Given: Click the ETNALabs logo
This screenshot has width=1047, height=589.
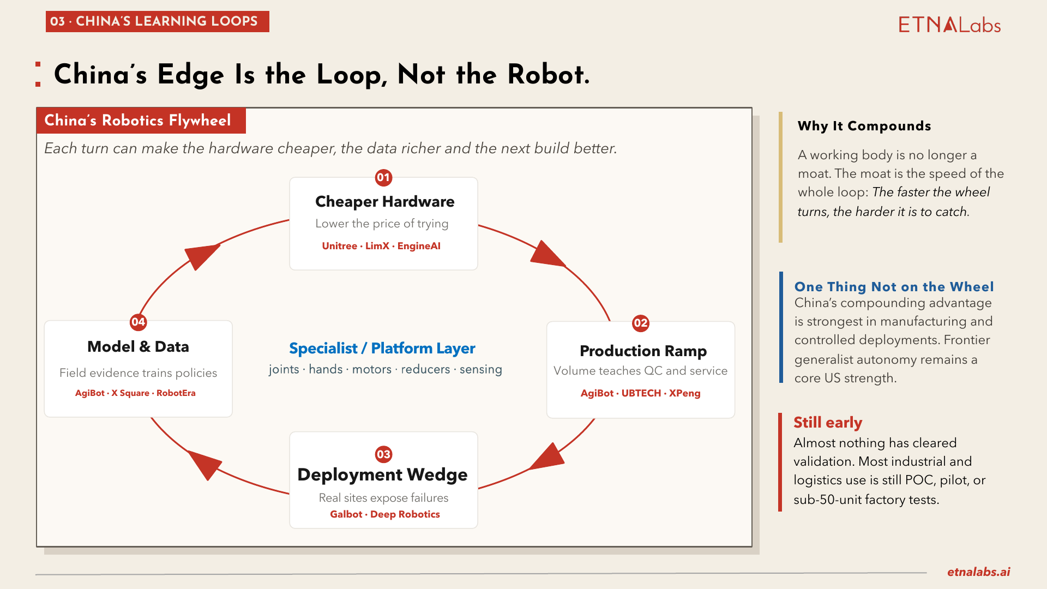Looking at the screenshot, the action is pos(949,25).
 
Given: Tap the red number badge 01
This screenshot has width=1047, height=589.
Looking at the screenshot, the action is pos(383,177).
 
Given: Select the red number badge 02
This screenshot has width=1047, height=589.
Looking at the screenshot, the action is pos(640,323).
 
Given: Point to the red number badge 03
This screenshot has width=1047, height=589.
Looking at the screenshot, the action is pos(383,454).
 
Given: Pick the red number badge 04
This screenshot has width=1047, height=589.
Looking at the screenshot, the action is pos(138,322).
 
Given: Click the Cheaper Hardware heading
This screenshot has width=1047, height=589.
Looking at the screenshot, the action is pos(384,201).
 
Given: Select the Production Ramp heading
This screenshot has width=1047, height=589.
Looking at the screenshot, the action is pos(643,351).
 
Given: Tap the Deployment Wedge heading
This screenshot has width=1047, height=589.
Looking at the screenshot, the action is pos(382,474).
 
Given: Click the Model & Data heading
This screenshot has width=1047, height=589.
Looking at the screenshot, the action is pos(138,346).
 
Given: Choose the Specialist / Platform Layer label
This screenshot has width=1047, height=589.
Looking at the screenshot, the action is pos(382,348).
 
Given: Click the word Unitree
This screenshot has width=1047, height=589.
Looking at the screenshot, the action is pos(339,246).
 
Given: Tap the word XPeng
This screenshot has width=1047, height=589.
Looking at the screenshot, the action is pos(684,393).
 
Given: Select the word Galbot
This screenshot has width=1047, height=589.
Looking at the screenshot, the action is pos(346,514).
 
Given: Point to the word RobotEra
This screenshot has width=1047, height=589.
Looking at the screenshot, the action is pos(176,393).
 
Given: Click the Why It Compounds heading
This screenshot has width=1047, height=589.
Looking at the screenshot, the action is pos(864,126).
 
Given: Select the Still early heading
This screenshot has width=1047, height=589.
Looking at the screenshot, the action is pos(828,423).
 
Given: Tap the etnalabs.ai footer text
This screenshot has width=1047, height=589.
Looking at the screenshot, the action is pos(978,572).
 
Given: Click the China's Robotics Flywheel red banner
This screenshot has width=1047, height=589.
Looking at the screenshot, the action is pos(141,121).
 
